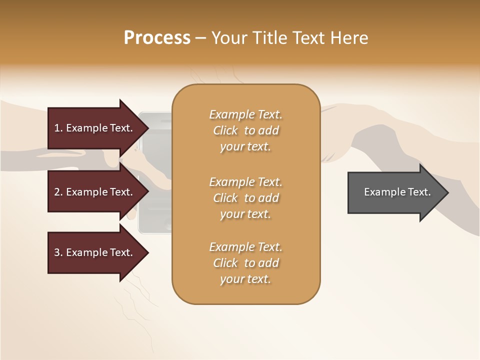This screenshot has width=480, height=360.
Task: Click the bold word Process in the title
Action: click(x=157, y=38)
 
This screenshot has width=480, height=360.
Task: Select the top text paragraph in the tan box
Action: click(x=245, y=130)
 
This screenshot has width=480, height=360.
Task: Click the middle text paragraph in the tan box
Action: click(x=245, y=198)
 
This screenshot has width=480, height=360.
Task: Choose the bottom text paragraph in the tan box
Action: click(x=245, y=263)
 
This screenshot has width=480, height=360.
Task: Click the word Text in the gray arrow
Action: click(x=419, y=192)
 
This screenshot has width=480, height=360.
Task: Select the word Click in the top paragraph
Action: click(x=225, y=130)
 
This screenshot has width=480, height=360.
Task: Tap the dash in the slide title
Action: click(x=201, y=38)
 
